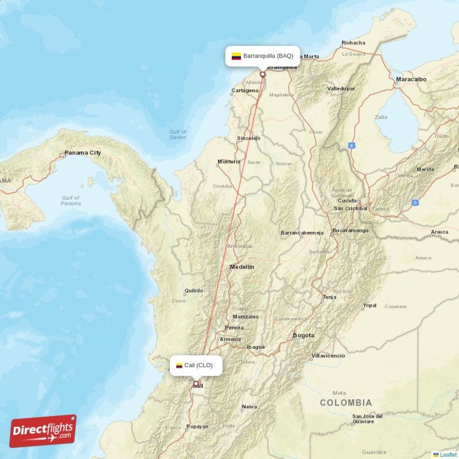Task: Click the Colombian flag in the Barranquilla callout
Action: [236, 56]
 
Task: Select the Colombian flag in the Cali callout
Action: [179, 365]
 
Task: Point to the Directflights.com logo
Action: [43, 431]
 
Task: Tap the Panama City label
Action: [83, 153]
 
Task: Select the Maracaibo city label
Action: [411, 79]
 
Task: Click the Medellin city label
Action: [242, 267]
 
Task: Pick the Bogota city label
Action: [304, 335]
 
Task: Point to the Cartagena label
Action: [244, 91]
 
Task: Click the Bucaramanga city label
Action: [350, 230]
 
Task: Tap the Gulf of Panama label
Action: [71, 201]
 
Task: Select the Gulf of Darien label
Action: [178, 135]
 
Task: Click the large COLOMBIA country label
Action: [345, 403]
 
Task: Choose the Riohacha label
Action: [353, 42]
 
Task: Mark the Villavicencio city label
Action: [328, 356]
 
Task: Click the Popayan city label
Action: [197, 427]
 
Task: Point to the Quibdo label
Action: [193, 290]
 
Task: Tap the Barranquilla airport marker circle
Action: [263, 73]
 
